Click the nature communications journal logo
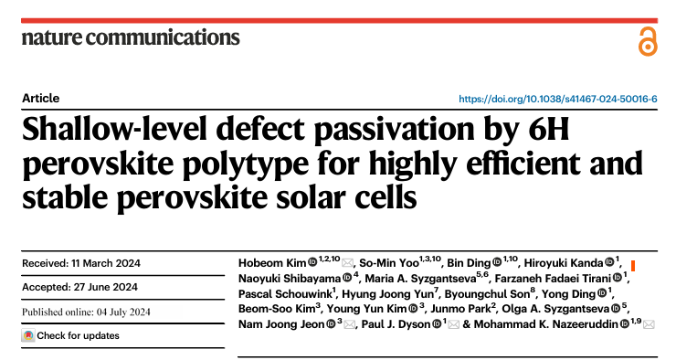click(x=131, y=37)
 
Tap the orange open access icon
click(x=648, y=41)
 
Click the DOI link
click(x=558, y=100)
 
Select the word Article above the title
click(x=40, y=99)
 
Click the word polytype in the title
click(x=246, y=164)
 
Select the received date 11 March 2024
click(x=106, y=263)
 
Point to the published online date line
click(x=86, y=312)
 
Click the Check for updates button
click(x=70, y=335)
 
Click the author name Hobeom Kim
click(x=272, y=263)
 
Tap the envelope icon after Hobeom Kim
click(x=347, y=263)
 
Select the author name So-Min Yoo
click(x=389, y=263)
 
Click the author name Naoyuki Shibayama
click(x=290, y=279)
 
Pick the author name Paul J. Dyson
click(x=396, y=324)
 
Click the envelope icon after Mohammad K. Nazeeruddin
click(x=649, y=324)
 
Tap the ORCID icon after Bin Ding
click(x=497, y=262)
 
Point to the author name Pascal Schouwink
click(x=285, y=294)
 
